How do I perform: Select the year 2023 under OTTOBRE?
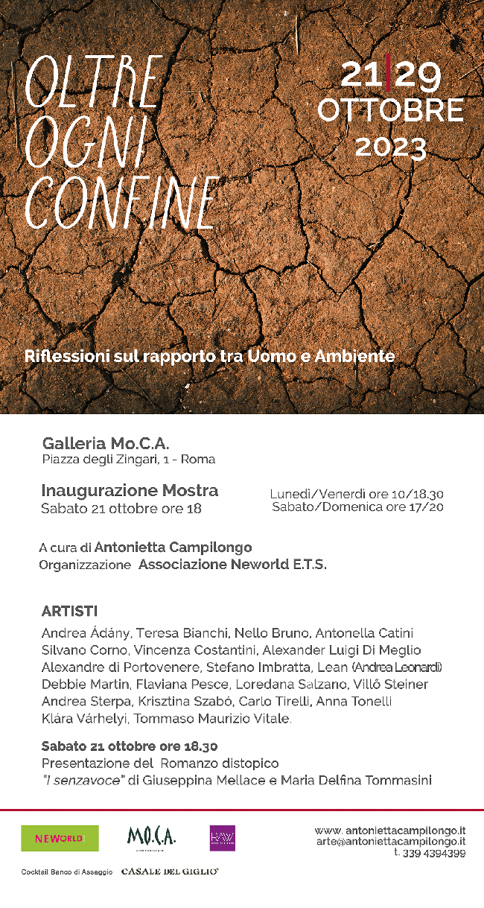390,147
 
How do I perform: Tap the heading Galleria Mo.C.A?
106,443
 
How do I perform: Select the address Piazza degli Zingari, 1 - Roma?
129,460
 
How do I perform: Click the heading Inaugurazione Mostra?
130,491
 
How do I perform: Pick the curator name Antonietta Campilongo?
173,547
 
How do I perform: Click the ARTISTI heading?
69,612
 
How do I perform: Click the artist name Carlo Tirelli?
282,701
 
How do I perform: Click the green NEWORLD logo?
60,838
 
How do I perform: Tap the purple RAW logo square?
223,838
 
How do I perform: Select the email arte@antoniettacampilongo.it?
391,841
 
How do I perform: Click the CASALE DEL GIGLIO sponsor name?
170,871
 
